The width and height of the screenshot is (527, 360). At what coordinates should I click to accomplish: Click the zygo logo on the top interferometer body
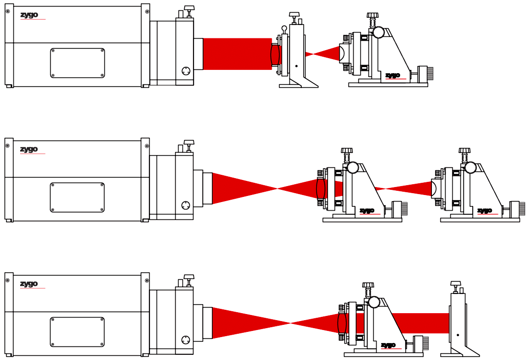pos(29,15)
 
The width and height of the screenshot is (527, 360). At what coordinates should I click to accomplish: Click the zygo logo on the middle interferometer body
pos(29,150)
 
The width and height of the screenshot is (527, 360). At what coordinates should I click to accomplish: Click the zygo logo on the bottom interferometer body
pos(29,284)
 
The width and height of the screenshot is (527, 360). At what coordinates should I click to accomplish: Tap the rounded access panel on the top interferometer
pos(77,63)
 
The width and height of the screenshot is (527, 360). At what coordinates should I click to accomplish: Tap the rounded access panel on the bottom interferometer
pos(77,332)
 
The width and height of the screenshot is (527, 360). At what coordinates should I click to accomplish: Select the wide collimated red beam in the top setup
pos(237,54)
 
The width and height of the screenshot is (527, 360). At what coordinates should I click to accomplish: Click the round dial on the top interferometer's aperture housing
pos(186,71)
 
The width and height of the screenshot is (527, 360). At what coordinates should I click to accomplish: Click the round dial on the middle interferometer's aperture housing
pos(186,205)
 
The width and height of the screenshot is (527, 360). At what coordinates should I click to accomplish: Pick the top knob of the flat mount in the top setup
pos(294,16)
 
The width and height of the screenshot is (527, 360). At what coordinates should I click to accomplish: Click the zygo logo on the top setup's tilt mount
pos(393,75)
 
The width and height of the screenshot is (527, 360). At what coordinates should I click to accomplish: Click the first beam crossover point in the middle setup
pos(277,188)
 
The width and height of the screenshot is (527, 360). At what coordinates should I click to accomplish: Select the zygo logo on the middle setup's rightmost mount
pos(484,211)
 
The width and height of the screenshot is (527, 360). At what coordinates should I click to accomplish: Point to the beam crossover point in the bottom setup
pos(290,323)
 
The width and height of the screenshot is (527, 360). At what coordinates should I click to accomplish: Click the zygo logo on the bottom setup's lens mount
pos(388,345)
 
